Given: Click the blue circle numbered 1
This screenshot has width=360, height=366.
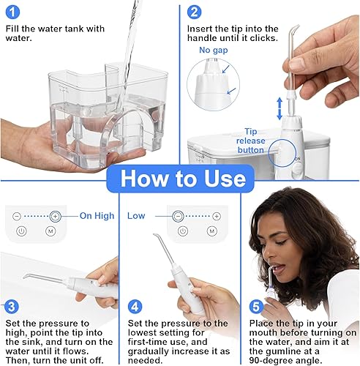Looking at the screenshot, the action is [x=12, y=12].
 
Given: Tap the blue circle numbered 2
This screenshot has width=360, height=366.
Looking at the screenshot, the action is [x=194, y=12].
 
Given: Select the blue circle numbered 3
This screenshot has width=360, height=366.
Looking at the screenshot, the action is [x=12, y=307].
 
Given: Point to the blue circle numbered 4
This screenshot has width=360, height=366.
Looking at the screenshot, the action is [x=135, y=307].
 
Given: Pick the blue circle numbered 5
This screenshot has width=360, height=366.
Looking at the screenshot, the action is [x=256, y=307].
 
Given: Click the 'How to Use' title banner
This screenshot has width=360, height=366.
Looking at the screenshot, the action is [x=181, y=179].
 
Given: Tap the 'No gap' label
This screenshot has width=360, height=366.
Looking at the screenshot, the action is [x=214, y=50].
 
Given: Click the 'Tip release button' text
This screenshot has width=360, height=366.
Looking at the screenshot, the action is [x=251, y=141].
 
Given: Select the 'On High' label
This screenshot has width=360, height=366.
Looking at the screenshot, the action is [x=97, y=216].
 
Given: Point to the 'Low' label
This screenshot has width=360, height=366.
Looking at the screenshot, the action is [x=136, y=216].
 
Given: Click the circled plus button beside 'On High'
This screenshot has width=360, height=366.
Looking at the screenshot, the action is [x=56, y=216].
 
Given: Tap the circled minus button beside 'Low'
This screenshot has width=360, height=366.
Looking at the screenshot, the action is [x=179, y=216].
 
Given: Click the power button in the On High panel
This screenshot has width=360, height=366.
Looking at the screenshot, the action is [x=21, y=231].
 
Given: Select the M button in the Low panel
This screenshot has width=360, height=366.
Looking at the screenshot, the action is [x=212, y=231].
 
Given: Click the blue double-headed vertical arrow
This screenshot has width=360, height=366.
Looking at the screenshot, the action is [x=280, y=108].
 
